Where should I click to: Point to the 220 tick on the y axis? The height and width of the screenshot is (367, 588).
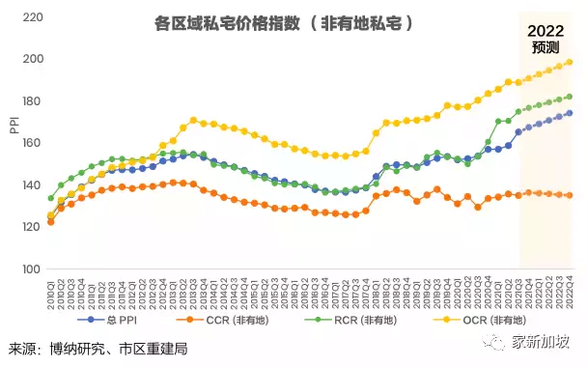point(29,17)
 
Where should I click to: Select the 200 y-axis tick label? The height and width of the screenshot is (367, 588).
point(29,60)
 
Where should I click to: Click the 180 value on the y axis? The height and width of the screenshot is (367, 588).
point(29,101)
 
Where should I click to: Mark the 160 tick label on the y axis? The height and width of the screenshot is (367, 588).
point(29,143)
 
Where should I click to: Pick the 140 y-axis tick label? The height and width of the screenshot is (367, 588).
point(29,185)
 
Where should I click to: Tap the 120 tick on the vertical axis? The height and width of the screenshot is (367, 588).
point(29,227)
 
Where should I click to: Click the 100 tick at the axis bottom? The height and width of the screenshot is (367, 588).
point(29,269)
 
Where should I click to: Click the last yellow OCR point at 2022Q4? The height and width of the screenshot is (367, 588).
point(569,63)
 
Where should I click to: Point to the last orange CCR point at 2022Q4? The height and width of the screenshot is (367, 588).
point(569,196)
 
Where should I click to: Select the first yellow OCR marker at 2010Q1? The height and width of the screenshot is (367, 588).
point(51,215)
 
